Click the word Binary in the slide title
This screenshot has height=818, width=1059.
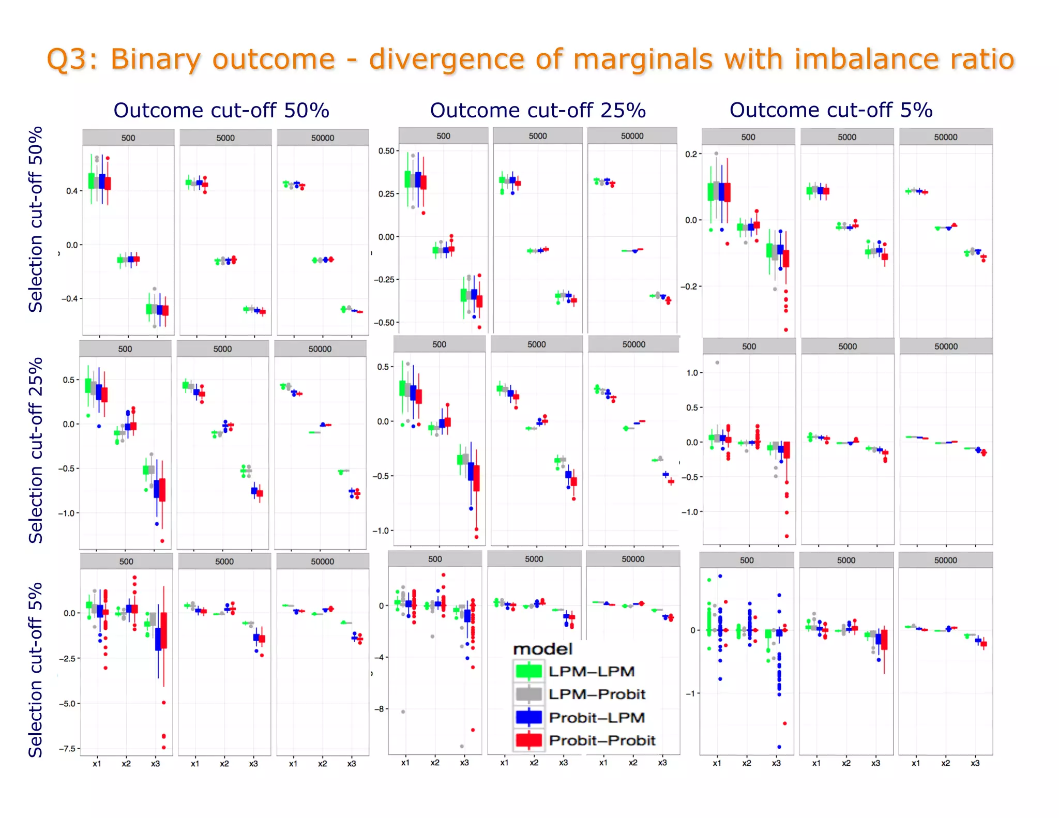(155, 59)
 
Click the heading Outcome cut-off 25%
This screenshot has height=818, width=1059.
(538, 111)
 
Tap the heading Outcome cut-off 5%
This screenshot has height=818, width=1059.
(830, 110)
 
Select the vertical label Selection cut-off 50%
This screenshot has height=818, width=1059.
(36, 219)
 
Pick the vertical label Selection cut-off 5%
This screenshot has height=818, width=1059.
(36, 670)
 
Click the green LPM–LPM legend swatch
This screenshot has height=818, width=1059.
(528, 671)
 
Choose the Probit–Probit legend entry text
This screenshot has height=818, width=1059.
(602, 740)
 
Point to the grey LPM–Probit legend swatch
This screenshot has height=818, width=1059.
(528, 694)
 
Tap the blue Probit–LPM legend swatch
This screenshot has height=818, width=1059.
(528, 717)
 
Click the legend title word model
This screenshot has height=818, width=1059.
(542, 649)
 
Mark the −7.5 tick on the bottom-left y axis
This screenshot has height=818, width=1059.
(68, 748)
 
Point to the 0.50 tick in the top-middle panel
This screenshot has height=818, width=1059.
(387, 151)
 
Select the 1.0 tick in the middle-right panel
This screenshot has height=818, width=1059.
(692, 373)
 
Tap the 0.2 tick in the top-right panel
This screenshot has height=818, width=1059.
(691, 154)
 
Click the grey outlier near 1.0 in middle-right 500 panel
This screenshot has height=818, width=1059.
(717, 362)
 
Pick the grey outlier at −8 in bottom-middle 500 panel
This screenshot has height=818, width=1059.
(403, 712)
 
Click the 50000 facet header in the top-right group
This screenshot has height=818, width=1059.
(945, 137)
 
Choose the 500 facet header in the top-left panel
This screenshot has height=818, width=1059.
(128, 138)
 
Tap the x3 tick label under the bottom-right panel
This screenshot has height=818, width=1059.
(975, 763)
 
